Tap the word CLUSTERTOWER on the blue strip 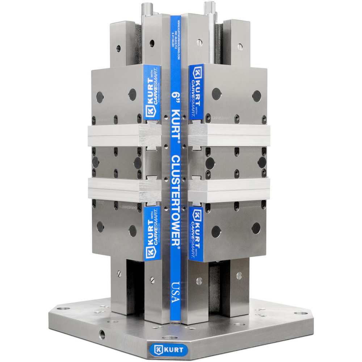175,201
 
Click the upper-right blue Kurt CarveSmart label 197,92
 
